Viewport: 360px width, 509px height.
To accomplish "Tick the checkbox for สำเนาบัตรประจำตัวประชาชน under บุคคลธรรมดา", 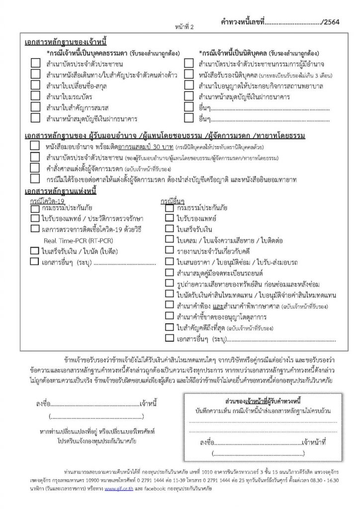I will [x=35, y=64].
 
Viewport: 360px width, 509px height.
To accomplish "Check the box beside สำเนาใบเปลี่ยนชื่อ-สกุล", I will [x=35, y=85].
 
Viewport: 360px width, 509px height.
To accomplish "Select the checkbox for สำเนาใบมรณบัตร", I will [x=35, y=96].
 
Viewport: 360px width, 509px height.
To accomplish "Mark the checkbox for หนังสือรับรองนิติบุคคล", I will [x=189, y=75].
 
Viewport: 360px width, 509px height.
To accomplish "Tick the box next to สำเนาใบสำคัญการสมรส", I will [x=35, y=107].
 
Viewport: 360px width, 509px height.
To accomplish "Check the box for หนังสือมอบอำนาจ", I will [x=35, y=147].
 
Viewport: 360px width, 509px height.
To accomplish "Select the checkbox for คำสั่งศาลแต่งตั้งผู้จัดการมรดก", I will [x=35, y=169].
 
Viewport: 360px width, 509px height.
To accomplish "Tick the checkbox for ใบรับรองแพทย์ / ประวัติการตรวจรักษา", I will [x=35, y=218].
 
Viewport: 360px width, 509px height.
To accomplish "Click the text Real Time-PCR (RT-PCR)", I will [x=71, y=241].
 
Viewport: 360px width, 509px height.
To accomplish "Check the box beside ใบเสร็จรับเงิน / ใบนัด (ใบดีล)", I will [x=35, y=251].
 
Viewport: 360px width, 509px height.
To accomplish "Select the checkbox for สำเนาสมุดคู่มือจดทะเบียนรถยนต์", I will [x=169, y=272].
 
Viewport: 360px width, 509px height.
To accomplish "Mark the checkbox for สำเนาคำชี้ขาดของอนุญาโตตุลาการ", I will [x=169, y=316].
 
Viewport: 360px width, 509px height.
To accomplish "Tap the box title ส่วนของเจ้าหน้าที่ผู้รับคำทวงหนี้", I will [x=261, y=401].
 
